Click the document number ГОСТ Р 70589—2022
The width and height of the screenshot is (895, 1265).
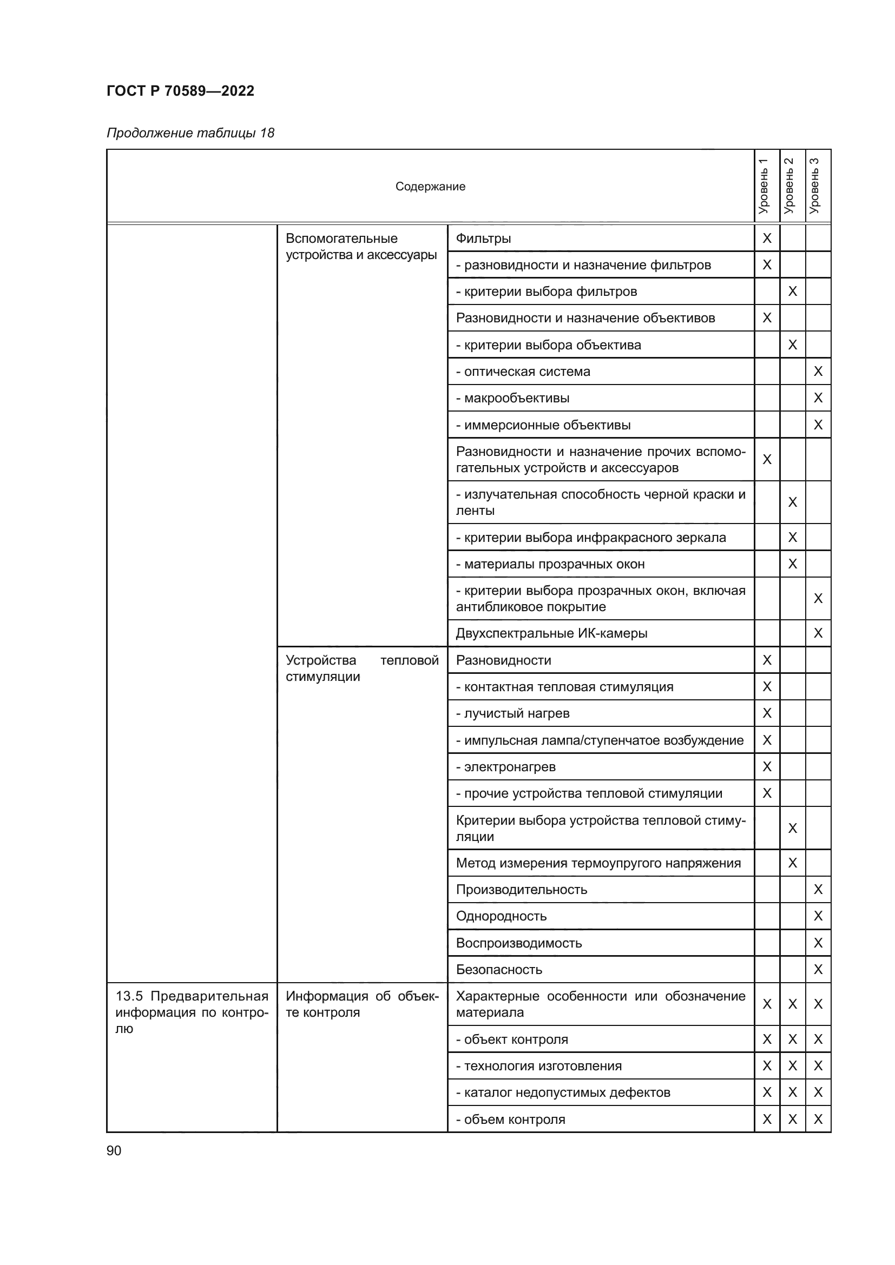tap(180, 91)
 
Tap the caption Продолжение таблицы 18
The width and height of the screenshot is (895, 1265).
tap(190, 133)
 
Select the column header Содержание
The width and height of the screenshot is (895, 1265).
tap(430, 186)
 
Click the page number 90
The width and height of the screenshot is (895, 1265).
tap(114, 1150)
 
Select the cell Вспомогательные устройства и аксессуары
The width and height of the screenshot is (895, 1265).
tap(361, 246)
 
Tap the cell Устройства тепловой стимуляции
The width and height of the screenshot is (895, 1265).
tap(361, 668)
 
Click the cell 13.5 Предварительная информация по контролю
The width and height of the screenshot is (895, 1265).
tap(191, 1011)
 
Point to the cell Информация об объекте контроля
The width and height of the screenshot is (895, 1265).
tap(361, 1004)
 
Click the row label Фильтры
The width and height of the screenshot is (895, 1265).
tap(483, 239)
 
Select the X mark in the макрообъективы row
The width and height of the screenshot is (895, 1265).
tap(818, 398)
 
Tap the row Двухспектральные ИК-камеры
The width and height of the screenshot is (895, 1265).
tap(551, 633)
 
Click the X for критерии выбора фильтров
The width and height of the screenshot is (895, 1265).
tap(793, 291)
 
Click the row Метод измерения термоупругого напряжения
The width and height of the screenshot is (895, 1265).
tap(598, 863)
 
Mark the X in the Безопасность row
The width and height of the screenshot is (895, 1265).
tap(818, 969)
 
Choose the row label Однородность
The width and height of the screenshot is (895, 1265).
tap(501, 916)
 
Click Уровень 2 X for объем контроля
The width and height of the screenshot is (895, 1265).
tap(793, 1119)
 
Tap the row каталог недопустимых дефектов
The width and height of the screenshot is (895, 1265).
tap(563, 1092)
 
